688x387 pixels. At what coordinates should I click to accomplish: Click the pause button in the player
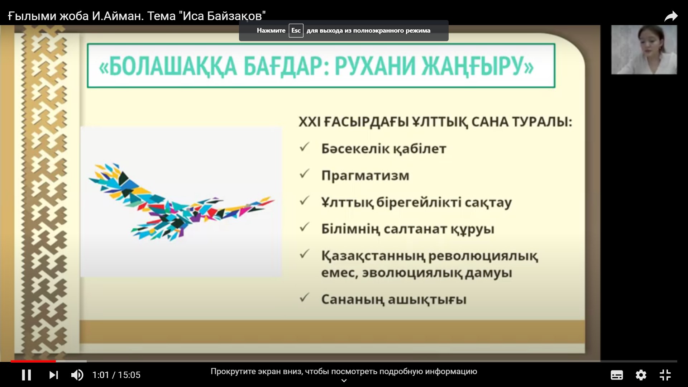(26, 375)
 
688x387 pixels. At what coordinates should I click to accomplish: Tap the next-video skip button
(53, 375)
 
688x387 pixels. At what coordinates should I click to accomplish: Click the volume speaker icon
(77, 375)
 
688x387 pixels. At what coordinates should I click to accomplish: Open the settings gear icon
(641, 375)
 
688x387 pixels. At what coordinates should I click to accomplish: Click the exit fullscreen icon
(665, 375)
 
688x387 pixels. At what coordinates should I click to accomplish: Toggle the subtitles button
(617, 375)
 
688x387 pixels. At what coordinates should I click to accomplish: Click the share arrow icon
(671, 16)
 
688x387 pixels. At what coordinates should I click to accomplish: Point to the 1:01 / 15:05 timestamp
(116, 375)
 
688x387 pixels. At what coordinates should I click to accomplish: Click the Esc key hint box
(296, 30)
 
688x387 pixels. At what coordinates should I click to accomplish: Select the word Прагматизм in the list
(365, 176)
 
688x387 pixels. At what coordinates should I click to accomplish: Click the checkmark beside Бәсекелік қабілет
(304, 147)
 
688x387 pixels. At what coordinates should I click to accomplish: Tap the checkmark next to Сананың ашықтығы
(304, 297)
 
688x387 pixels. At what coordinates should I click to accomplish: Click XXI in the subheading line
(309, 122)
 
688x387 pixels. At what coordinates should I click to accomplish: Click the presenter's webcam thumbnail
(644, 49)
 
